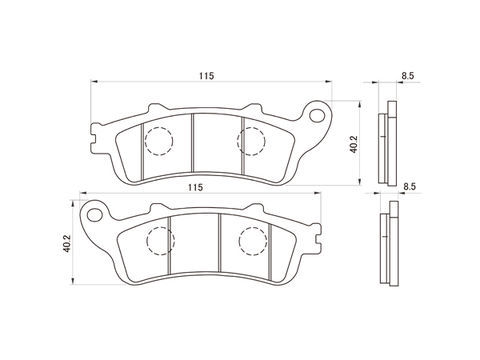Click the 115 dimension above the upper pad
(x=206, y=76)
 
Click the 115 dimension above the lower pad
(x=195, y=187)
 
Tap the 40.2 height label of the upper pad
(x=353, y=144)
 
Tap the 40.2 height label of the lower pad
(x=67, y=243)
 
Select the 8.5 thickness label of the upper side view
(x=408, y=76)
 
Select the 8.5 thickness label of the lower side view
(x=409, y=187)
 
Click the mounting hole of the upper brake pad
(x=317, y=115)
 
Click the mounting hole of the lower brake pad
(x=95, y=215)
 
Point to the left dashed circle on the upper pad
(x=159, y=141)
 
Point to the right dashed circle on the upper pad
(x=251, y=141)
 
